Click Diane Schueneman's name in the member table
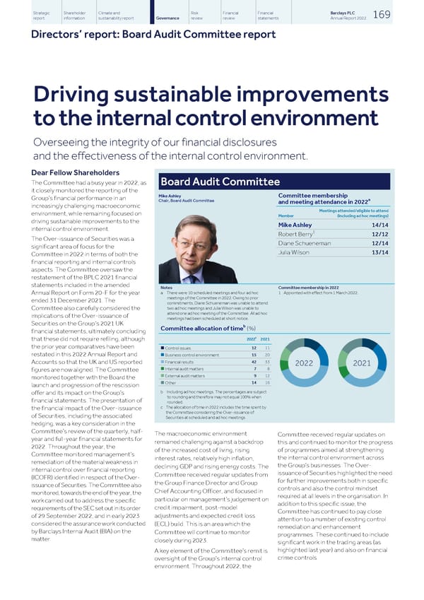(x=305, y=244)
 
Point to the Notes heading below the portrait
(x=166, y=288)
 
